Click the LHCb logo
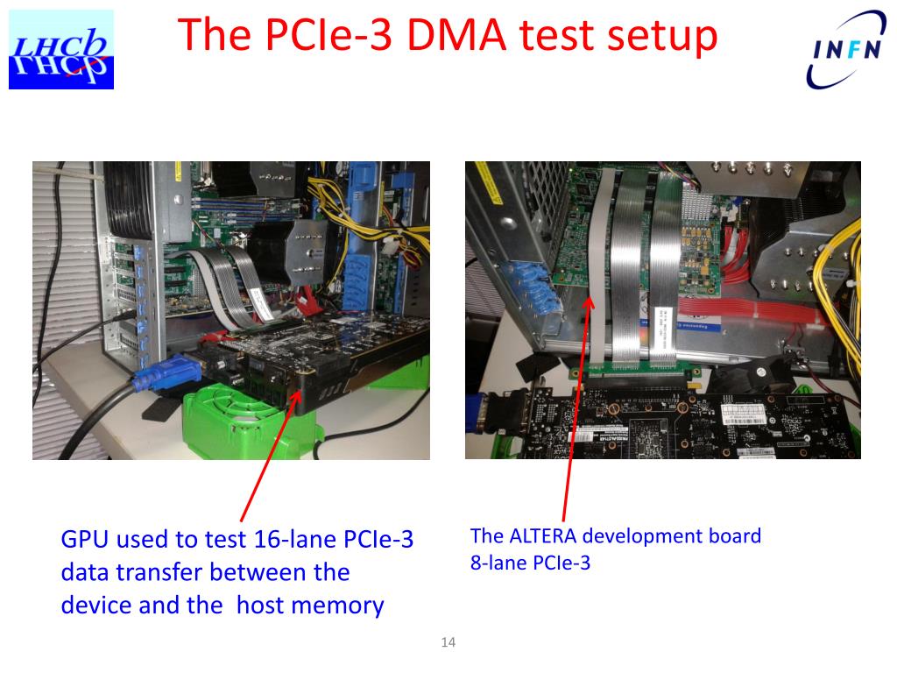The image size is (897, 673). point(61,50)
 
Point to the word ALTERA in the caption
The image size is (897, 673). point(536,536)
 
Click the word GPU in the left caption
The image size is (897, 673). point(84,540)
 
